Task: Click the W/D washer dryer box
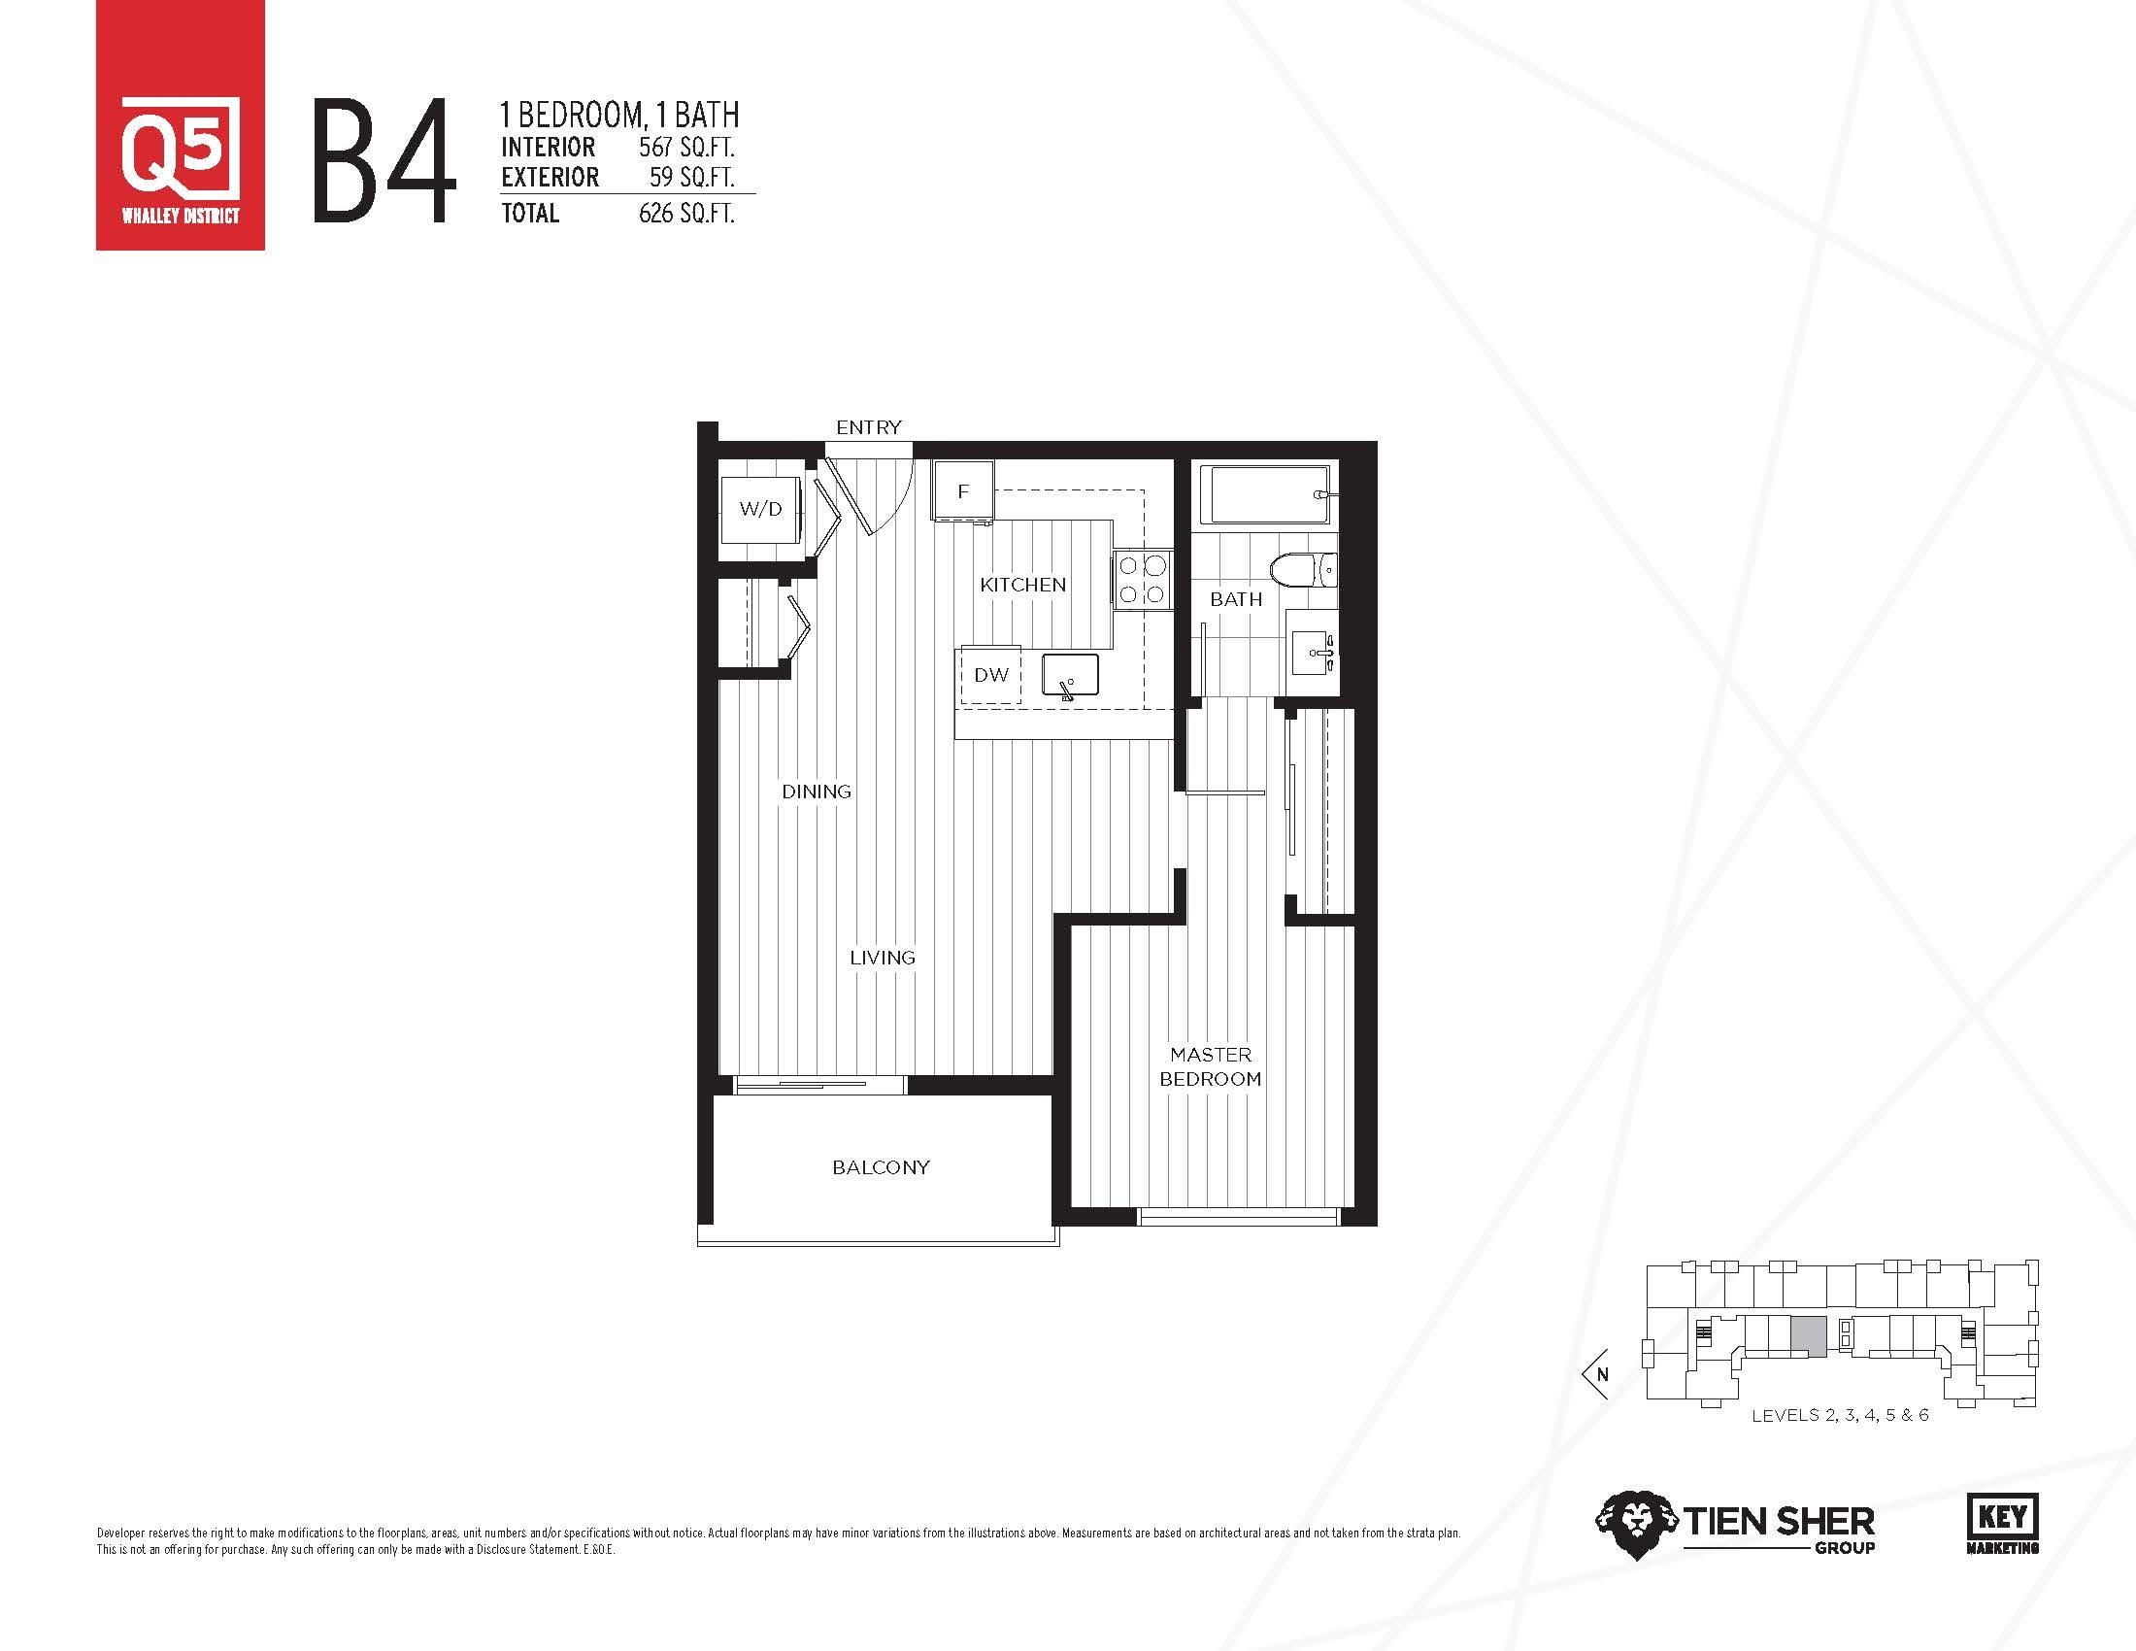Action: coord(760,509)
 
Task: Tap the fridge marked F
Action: coord(963,492)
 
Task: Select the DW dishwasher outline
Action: coord(990,675)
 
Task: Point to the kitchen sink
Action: coord(1070,675)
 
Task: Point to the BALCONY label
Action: coord(881,1167)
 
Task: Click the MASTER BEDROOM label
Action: coord(1211,1067)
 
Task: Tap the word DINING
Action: coord(816,792)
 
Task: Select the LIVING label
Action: coord(883,958)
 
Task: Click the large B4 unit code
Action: coord(385,162)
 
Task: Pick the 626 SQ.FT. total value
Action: coord(686,214)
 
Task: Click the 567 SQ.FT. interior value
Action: coord(686,148)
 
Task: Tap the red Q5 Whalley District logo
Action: coord(180,125)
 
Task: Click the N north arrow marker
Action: coord(1598,1374)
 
